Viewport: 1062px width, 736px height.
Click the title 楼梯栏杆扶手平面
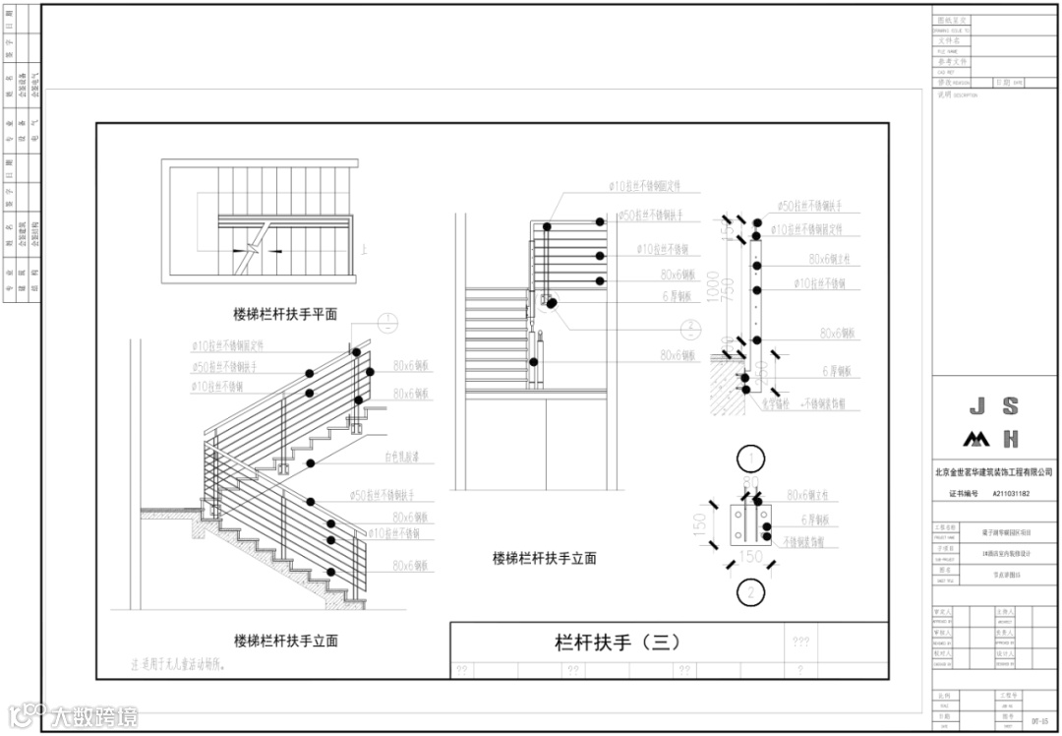[285, 314]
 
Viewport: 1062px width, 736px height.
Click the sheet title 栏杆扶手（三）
[617, 643]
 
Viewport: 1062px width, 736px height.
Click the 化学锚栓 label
[776, 403]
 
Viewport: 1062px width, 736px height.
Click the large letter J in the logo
[976, 406]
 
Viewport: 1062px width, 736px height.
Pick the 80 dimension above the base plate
[752, 483]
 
